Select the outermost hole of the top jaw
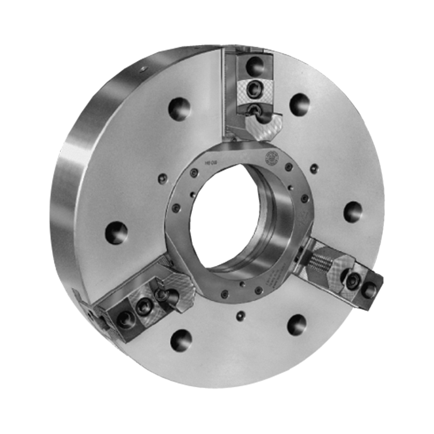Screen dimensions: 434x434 click(254, 66)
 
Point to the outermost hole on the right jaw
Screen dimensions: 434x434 click(369, 290)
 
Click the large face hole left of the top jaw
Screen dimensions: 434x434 click(179, 108)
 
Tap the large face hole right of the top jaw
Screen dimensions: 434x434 click(299, 105)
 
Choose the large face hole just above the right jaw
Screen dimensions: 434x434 click(352, 212)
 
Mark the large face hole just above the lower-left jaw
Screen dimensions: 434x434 click(116, 233)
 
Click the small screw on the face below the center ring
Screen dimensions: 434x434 click(240, 316)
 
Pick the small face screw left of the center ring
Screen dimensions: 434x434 click(162, 178)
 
